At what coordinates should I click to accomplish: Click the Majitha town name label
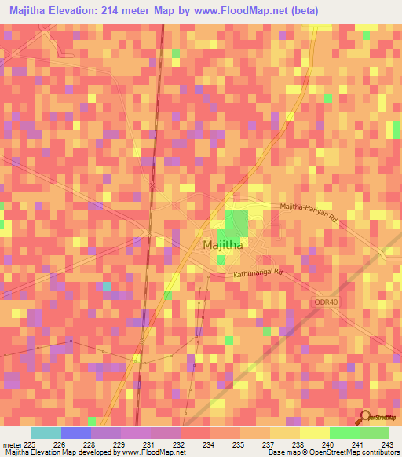pyautogui.click(x=222, y=245)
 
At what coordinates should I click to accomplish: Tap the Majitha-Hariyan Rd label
pyautogui.click(x=309, y=210)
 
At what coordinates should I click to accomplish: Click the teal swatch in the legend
pyautogui.click(x=46, y=433)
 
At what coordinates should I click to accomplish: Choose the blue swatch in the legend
pyautogui.click(x=75, y=433)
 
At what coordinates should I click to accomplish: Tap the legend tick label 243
pyautogui.click(x=386, y=444)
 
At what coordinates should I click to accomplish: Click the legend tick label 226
pyautogui.click(x=58, y=444)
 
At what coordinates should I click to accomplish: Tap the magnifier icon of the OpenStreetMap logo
pyautogui.click(x=365, y=417)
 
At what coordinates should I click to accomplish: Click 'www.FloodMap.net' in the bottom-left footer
pyautogui.click(x=148, y=453)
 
